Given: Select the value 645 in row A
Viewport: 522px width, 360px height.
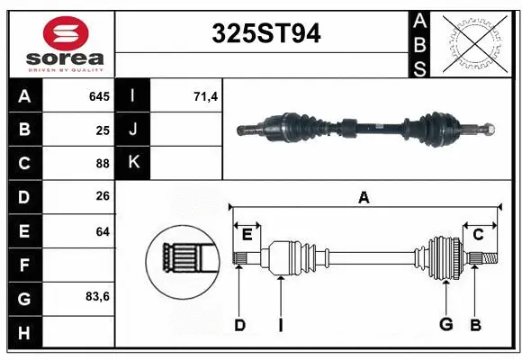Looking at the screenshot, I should point(99,96).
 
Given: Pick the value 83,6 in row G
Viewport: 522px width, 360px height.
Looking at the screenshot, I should point(97,297).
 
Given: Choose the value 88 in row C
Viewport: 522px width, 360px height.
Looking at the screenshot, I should point(103,163).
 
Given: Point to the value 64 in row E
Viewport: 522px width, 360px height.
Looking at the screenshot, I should point(103,230).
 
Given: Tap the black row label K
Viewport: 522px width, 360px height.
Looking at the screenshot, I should point(133,163).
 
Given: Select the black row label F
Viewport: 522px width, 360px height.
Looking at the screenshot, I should point(23,265).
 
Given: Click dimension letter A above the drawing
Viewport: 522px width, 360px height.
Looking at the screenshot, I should point(364,198).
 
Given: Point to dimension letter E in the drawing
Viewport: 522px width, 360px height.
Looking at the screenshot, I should point(247,235).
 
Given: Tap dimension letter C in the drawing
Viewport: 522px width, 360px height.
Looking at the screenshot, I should point(479,235).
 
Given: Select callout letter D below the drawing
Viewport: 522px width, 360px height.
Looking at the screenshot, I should point(239,325).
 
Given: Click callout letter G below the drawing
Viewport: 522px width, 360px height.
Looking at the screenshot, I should point(445,325).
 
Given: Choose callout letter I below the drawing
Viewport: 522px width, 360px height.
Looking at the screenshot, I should point(280,325).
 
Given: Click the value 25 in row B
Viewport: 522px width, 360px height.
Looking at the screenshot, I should point(103,130).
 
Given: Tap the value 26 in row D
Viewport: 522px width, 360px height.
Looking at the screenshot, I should point(103,197).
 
